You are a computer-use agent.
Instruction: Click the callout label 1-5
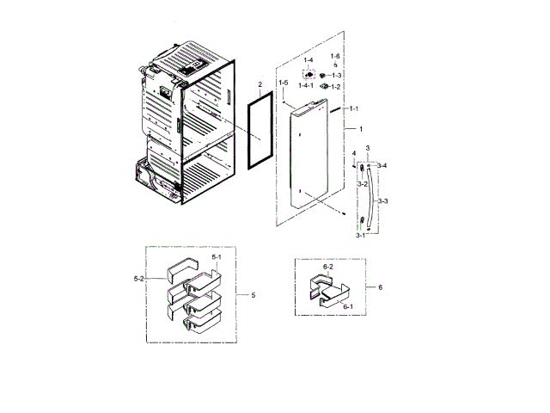click(x=283, y=83)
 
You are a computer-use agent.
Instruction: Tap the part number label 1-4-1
click(x=307, y=87)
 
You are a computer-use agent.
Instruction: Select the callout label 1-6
click(x=335, y=56)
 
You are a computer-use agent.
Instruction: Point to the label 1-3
click(x=335, y=76)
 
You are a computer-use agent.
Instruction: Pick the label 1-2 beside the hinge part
click(x=335, y=87)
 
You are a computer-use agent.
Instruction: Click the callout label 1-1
click(x=353, y=110)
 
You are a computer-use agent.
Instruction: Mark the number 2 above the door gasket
click(x=259, y=85)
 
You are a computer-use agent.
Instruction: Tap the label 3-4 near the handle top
click(x=382, y=165)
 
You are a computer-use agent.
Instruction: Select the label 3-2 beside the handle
click(x=363, y=184)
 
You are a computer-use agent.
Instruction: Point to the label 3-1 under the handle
click(x=361, y=235)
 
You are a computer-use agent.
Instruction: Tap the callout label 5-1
click(x=217, y=257)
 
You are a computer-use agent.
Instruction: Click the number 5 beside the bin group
click(x=254, y=295)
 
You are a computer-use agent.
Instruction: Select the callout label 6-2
click(x=327, y=268)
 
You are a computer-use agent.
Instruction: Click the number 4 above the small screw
click(x=353, y=153)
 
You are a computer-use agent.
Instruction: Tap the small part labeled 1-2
click(x=322, y=86)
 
